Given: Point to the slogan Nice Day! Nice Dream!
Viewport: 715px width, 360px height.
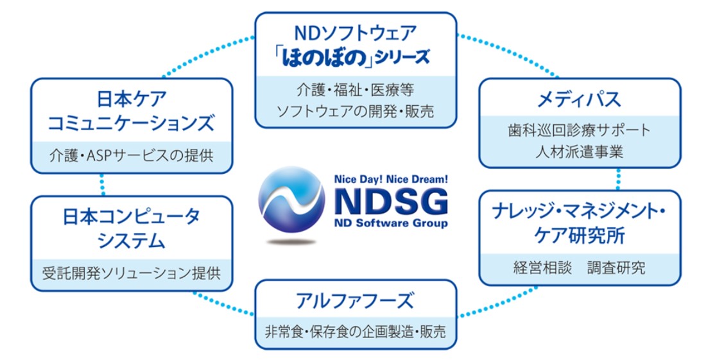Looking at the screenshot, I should point(391,181).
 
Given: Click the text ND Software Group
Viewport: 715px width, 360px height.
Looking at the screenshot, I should point(391,224).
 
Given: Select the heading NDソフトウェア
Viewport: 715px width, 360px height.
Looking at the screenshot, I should point(356,31).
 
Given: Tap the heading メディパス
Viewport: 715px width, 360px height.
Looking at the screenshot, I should point(579,99).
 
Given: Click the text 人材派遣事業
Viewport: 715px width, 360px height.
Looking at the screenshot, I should point(579,152).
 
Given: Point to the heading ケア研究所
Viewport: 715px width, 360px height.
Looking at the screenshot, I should point(579,235).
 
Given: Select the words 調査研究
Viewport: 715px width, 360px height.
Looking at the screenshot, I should point(616,268).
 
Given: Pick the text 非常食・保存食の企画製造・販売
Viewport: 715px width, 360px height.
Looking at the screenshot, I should point(356,332).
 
